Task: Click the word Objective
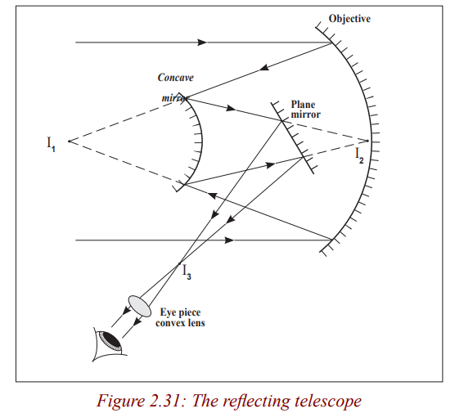(349, 19)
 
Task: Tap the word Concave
(176, 78)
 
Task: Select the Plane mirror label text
(305, 110)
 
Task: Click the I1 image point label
(51, 144)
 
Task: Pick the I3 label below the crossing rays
(187, 272)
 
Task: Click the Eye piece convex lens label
(180, 317)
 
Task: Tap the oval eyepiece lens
(140, 306)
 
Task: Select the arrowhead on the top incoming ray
(202, 43)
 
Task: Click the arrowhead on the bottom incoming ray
(229, 240)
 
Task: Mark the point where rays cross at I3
(179, 263)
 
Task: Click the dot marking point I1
(69, 141)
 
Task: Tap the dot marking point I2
(367, 141)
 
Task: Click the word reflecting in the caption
(256, 402)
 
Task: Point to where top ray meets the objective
(332, 43)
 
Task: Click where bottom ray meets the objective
(332, 240)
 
